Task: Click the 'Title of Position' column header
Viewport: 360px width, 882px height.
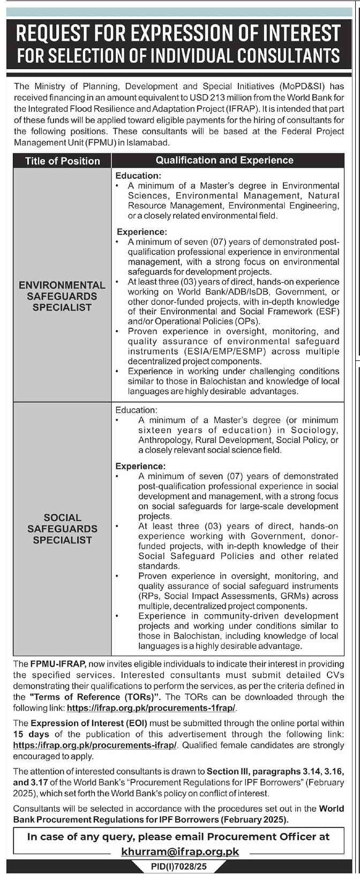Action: (x=62, y=161)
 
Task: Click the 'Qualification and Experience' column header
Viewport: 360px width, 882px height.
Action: (x=224, y=160)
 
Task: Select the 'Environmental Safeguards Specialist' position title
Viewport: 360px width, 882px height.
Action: (x=62, y=296)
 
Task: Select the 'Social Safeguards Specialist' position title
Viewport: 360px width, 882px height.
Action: (x=62, y=529)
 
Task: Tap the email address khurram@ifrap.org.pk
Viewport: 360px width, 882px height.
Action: (x=179, y=851)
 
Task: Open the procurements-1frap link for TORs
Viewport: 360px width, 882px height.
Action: (x=151, y=707)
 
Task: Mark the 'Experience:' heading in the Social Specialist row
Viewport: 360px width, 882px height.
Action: (x=141, y=466)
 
